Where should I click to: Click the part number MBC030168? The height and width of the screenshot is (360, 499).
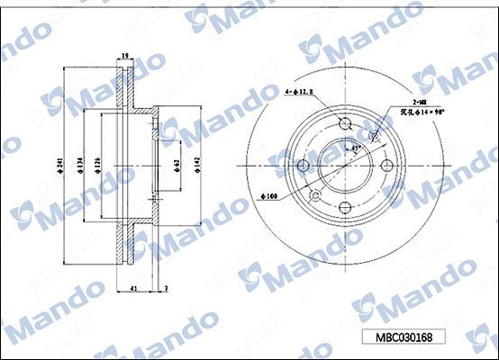405,337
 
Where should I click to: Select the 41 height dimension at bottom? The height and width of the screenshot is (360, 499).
133,288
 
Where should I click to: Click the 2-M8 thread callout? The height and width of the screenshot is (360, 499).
419,103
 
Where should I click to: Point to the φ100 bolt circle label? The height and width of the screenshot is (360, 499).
268,195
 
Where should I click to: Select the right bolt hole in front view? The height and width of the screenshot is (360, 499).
387,166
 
